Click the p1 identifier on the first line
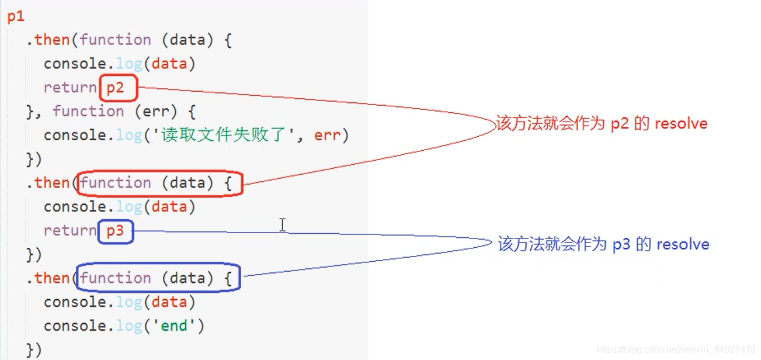(16, 16)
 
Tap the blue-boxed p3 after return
(116, 231)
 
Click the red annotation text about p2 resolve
(602, 124)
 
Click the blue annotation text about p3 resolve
(603, 244)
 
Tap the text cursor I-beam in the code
(283, 225)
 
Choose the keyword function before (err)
(88, 112)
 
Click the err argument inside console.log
(327, 136)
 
